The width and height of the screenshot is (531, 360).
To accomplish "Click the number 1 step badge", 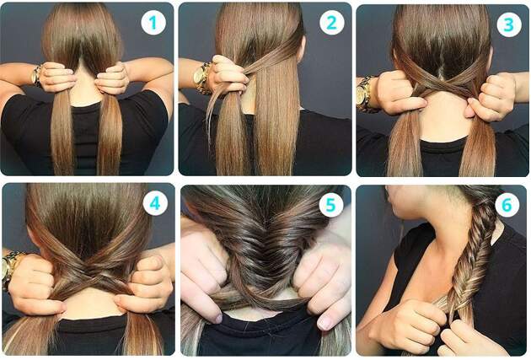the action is pyautogui.click(x=153, y=23).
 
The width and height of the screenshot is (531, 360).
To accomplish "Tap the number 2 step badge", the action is pyautogui.click(x=331, y=23).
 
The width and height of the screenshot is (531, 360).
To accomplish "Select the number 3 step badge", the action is pyautogui.click(x=508, y=24).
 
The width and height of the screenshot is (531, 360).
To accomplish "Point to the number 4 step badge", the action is pyautogui.click(x=155, y=203).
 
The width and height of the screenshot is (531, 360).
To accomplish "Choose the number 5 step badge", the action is pyautogui.click(x=331, y=204).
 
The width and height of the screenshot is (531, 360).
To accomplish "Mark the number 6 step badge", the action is pyautogui.click(x=507, y=205).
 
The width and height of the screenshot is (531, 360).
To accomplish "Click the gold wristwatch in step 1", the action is pyautogui.click(x=36, y=75).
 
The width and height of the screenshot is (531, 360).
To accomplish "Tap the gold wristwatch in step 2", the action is pyautogui.click(x=201, y=78).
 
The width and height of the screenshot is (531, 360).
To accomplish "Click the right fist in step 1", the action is pyautogui.click(x=112, y=78).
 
